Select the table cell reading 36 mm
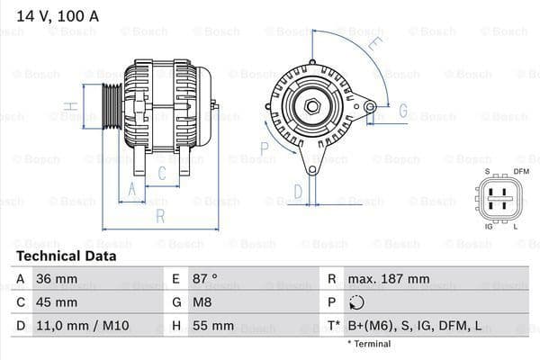pyautogui.click(x=56, y=279)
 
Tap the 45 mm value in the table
pyautogui.click(x=56, y=302)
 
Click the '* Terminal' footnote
pyautogui.click(x=369, y=344)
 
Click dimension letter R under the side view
pyautogui.click(x=160, y=216)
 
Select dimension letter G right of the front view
pyautogui.click(x=402, y=112)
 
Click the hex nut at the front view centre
pyautogui.click(x=312, y=107)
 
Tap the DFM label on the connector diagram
pyautogui.click(x=520, y=171)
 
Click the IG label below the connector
pyautogui.click(x=489, y=226)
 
